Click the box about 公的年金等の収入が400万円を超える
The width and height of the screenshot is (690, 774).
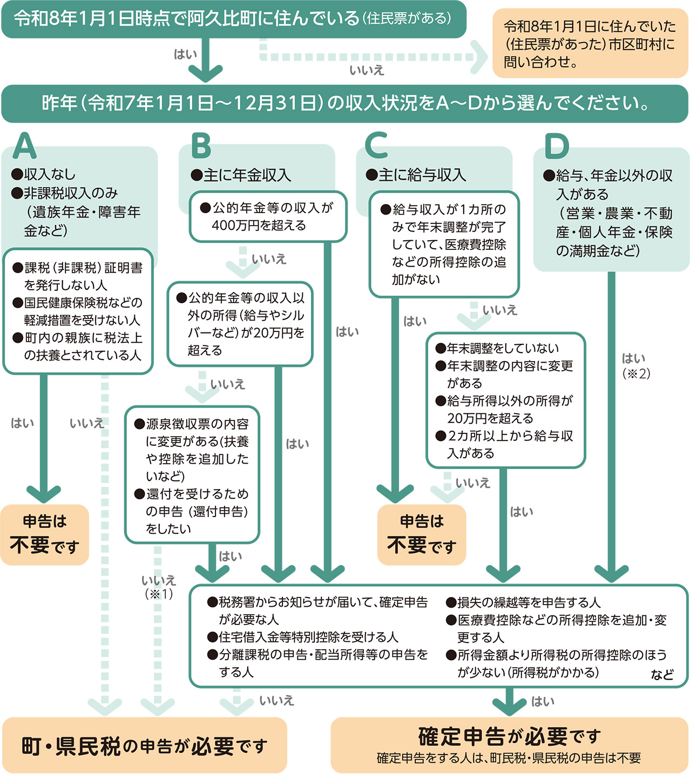point(268,216)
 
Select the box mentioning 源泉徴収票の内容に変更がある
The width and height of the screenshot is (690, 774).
point(192,475)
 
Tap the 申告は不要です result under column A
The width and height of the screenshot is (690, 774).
point(45,535)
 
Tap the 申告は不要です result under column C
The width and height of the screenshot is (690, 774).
point(422,535)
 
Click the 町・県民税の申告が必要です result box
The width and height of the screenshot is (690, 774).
point(145,745)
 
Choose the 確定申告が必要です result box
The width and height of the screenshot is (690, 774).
point(509,745)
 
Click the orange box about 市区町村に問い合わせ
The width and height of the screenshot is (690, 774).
point(590,44)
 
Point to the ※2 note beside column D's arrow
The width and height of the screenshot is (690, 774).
point(636,374)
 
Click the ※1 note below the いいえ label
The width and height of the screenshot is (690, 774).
point(159,594)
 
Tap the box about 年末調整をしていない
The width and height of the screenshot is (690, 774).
point(506,400)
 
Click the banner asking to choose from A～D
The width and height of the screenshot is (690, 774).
point(345,103)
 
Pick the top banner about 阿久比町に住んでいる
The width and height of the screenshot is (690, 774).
point(233,19)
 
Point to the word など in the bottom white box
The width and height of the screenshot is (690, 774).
point(662,674)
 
